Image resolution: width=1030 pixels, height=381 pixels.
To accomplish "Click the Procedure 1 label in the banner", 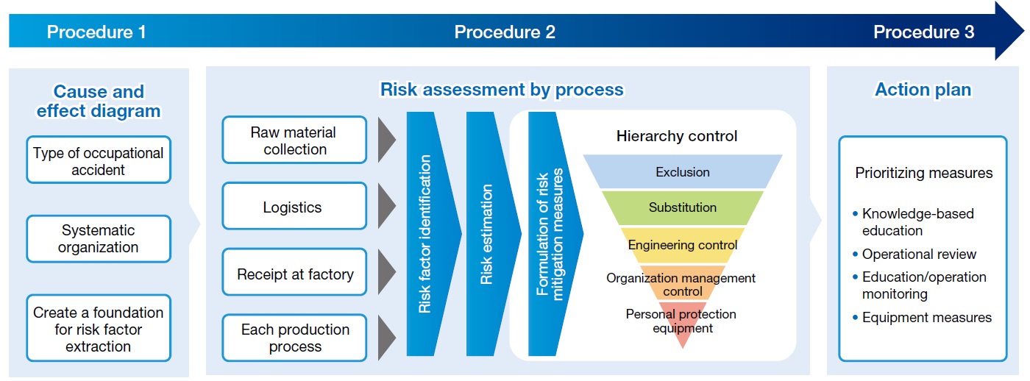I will coord(96,32).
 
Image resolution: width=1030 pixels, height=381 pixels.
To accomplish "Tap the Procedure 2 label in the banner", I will coord(505,32).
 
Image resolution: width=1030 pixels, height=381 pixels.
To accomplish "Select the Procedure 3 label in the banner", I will coord(923,32).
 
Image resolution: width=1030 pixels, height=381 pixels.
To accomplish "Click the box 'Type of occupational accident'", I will coord(99,160).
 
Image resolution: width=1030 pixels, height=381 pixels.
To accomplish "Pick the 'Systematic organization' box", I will coord(99,238).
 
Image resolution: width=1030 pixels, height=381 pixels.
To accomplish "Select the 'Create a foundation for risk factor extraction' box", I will coord(99,329).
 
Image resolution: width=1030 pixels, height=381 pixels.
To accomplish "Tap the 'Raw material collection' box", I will coord(294,140).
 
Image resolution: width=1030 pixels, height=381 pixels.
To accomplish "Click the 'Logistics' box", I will coord(294,207).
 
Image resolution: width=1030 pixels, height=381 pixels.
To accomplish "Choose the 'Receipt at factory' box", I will coord(294,274).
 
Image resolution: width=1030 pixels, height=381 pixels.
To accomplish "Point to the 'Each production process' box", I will coord(294,338).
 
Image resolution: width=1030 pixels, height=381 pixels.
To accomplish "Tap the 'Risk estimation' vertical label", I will coord(486,234).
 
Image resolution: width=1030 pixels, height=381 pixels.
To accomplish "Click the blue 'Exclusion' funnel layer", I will coord(683,172).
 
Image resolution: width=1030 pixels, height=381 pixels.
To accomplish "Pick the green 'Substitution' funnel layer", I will coord(683,207).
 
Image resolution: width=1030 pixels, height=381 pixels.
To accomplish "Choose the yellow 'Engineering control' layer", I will coord(683,245).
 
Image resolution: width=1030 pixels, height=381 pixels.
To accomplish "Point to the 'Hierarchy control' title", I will coord(676,136).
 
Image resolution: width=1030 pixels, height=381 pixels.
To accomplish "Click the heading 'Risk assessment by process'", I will coord(501,90).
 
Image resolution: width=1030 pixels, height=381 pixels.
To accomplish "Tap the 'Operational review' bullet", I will coord(919,254).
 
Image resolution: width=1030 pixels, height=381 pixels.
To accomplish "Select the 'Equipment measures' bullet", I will coord(926,318).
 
